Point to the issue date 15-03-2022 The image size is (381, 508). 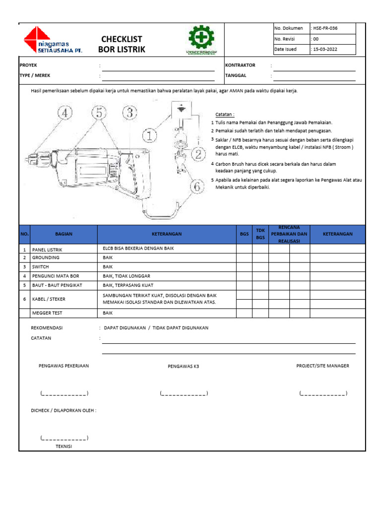(327, 49)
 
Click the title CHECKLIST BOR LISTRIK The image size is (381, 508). (122, 44)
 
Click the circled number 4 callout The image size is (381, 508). (65, 114)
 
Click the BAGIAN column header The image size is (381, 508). (63, 234)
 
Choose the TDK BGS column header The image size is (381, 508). (260, 234)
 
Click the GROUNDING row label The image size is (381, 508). (46, 258)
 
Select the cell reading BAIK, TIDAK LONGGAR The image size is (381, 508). (127, 276)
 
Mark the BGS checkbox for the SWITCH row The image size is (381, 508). (244, 267)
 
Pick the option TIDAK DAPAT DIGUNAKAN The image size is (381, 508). (181, 328)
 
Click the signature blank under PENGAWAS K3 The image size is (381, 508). (184, 394)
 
